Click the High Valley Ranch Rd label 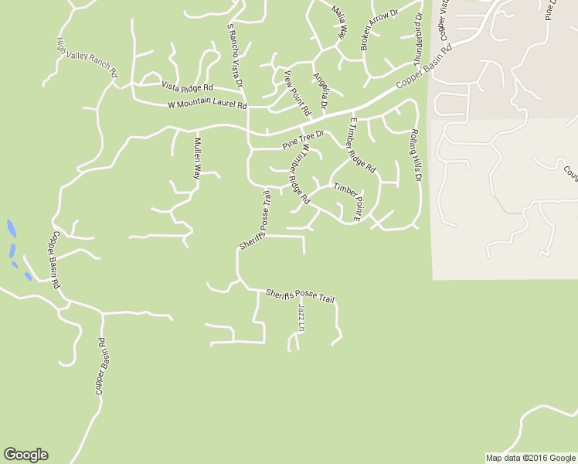click(87, 57)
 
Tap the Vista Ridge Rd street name click(186, 87)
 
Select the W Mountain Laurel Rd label click(207, 105)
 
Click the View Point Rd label click(297, 91)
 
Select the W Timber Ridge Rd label click(294, 173)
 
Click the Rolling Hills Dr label click(415, 155)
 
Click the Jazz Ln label click(301, 319)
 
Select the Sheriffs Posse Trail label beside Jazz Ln click(300, 295)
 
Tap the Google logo click(25, 455)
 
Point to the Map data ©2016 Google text click(530, 458)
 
